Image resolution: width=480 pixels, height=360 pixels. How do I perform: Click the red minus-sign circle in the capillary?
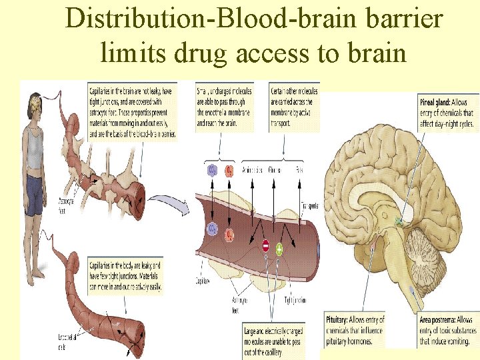pos(265,245)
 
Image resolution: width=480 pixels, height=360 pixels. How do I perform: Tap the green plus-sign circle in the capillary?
pos(279,249)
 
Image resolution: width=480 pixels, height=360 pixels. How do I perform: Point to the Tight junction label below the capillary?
pos(295,300)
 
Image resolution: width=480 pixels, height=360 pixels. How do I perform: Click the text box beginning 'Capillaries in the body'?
pos(125,275)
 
